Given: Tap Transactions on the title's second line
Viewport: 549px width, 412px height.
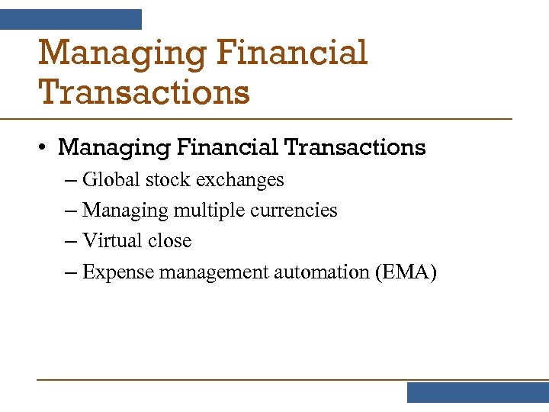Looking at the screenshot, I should pos(144,92).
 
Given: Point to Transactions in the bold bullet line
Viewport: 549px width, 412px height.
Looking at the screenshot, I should pos(355,146).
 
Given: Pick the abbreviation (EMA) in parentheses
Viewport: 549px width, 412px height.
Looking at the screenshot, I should pos(406,272).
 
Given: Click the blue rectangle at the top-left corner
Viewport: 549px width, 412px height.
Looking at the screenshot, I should pos(71,19).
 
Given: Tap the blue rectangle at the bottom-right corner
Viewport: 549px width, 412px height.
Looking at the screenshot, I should pos(477,392).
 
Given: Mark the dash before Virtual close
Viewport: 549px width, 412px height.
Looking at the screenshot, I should pos(72,242).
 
